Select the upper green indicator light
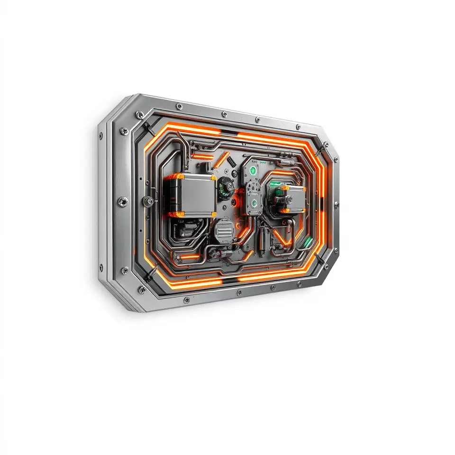tap(253, 170)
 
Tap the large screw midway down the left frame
tap(122, 201)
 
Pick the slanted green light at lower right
tap(308, 242)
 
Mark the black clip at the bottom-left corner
tap(151, 274)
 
